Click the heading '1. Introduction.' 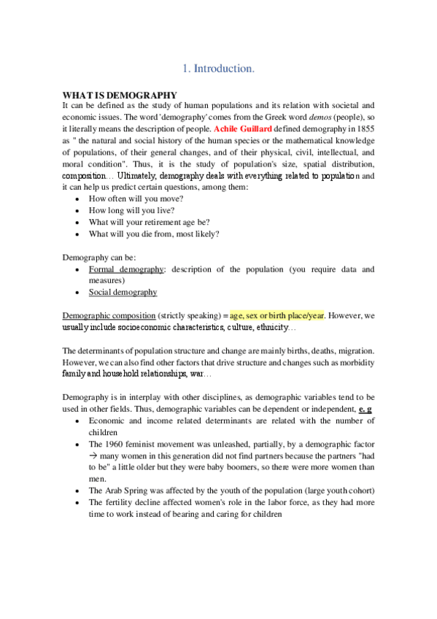tap(218, 69)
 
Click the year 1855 tap(364, 128)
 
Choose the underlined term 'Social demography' tap(123, 292)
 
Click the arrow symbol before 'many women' tap(93, 455)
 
